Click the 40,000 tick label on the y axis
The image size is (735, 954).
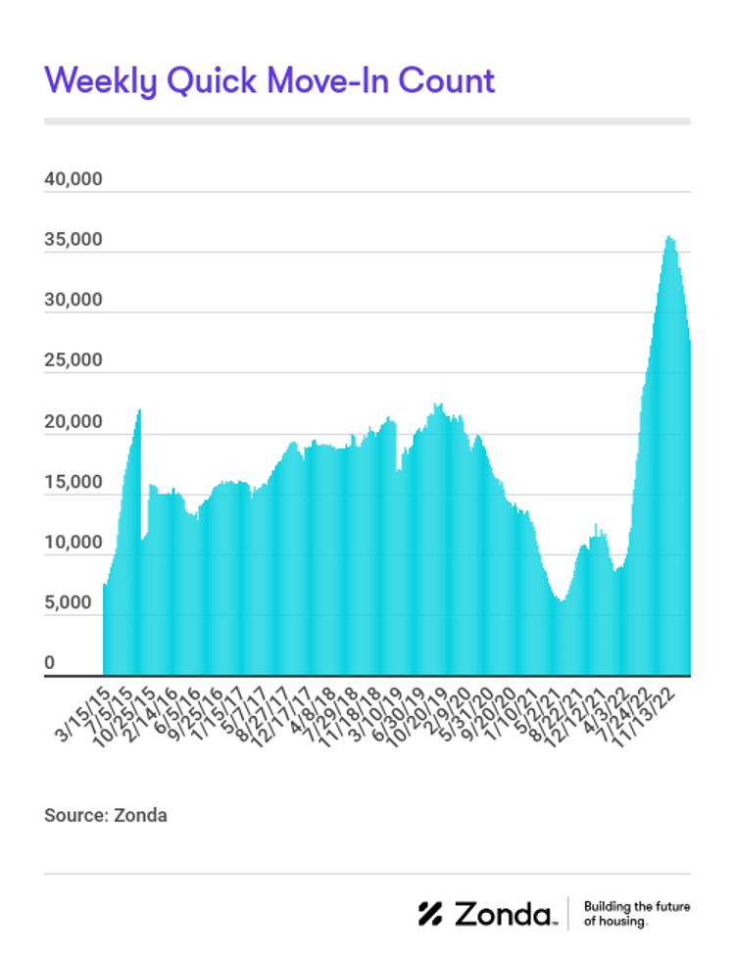click(x=73, y=181)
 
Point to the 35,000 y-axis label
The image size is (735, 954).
click(x=73, y=241)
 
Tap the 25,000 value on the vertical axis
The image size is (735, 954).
click(x=73, y=360)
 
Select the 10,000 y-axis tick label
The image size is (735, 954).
click(x=73, y=544)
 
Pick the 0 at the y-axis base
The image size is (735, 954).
click(x=49, y=664)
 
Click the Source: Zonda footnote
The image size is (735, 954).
click(x=106, y=815)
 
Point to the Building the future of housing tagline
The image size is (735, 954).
click(x=636, y=914)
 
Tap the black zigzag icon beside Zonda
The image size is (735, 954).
click(x=431, y=914)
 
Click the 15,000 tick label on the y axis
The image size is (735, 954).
click(x=73, y=483)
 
